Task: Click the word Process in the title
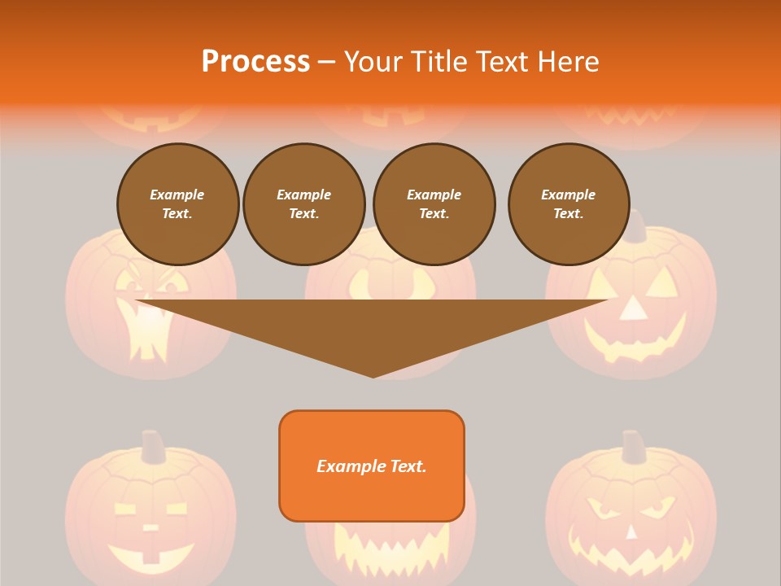255,61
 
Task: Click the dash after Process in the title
326,63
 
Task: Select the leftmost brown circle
178,204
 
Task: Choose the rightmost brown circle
569,204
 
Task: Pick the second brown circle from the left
304,204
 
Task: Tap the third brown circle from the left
434,204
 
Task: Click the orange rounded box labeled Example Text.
372,466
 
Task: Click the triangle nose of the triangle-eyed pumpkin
632,308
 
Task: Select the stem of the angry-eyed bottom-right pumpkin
632,446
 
